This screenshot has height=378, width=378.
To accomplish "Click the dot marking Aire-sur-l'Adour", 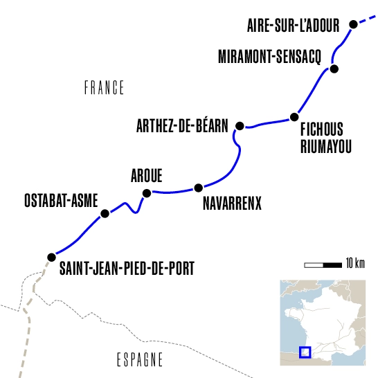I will [353, 24].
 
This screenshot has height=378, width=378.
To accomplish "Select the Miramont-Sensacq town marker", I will [334, 69].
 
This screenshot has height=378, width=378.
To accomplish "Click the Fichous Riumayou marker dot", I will [294, 116].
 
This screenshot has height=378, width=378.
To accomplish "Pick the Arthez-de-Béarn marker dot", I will [240, 125].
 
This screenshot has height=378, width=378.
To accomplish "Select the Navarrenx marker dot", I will [199, 188].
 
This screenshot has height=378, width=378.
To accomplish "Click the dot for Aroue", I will [146, 193].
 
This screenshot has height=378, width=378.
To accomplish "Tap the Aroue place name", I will [146, 177].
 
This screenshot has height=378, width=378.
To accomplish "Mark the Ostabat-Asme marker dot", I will [105, 214].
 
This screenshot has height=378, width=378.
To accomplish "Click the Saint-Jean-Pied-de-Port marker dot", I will [51, 257].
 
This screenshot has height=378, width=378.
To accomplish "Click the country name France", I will [104, 88].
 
